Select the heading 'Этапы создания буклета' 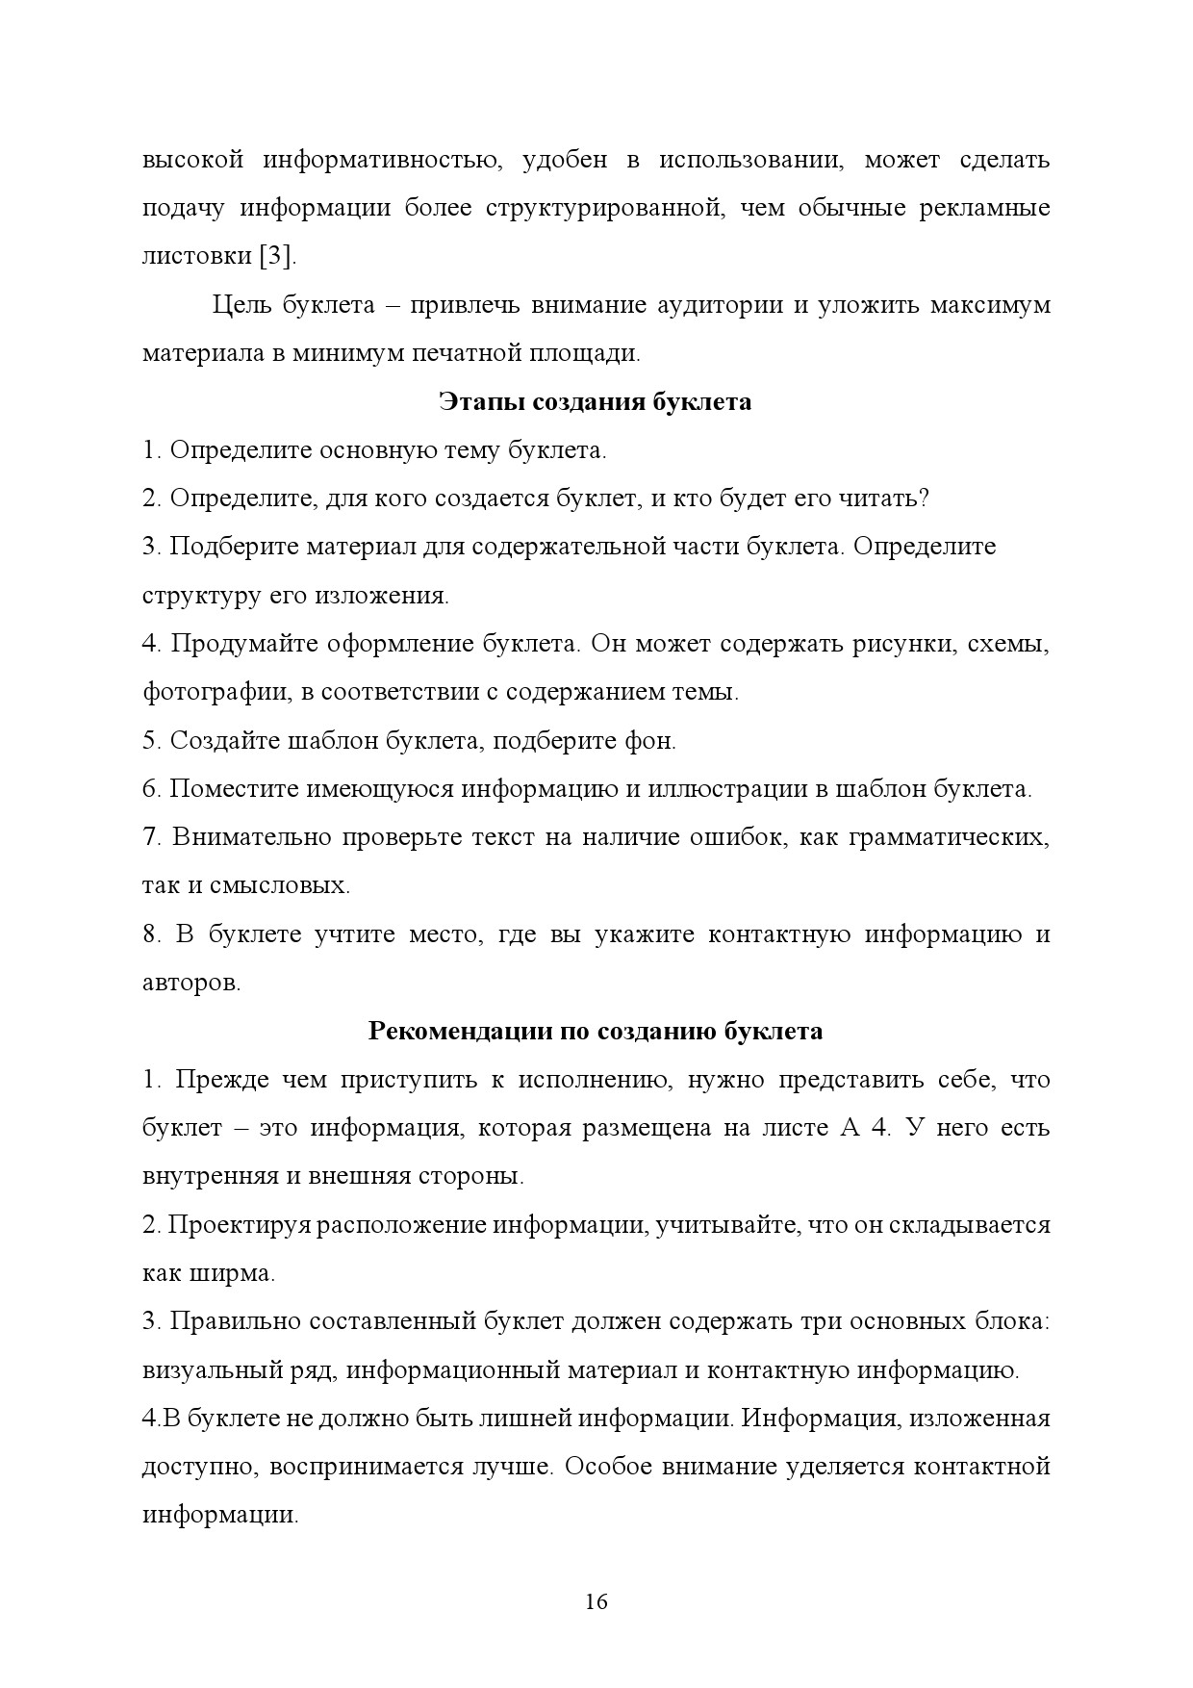point(596,401)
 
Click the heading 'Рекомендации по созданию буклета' point(596,1031)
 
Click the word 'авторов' point(189,983)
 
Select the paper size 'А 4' point(865,1128)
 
